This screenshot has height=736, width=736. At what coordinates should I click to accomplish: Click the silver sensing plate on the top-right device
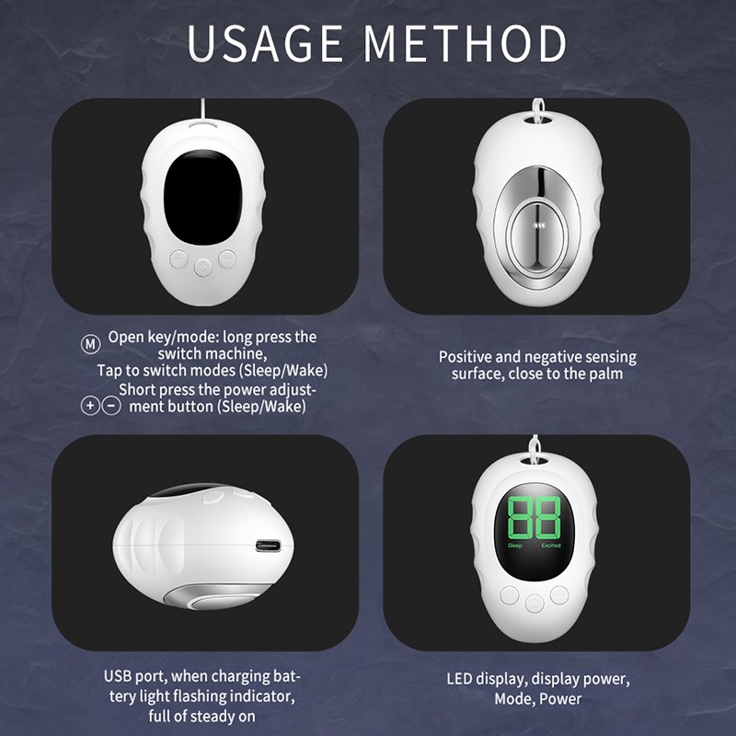pos(535,218)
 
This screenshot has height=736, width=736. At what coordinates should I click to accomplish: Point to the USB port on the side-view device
pos(268,546)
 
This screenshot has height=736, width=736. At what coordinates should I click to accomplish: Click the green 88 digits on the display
pos(534,519)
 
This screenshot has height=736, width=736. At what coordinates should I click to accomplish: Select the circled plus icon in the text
pos(90,405)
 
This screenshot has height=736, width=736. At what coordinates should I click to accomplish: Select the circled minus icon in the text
pos(111,405)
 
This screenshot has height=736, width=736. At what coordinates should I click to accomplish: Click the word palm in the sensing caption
pos(604,374)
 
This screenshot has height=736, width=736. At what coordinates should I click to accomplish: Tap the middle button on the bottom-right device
pos(535,603)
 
